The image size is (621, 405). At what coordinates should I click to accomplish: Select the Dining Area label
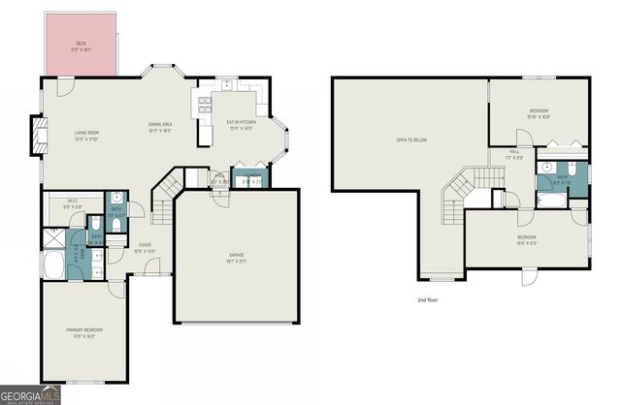click(x=160, y=126)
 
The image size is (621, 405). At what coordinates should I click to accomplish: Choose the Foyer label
click(x=144, y=247)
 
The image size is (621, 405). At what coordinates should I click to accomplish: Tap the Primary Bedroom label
click(x=84, y=333)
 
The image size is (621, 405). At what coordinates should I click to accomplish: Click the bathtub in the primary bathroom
click(x=54, y=263)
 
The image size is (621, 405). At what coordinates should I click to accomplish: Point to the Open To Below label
click(x=411, y=141)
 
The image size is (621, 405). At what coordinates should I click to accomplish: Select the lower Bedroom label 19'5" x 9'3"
click(x=527, y=239)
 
